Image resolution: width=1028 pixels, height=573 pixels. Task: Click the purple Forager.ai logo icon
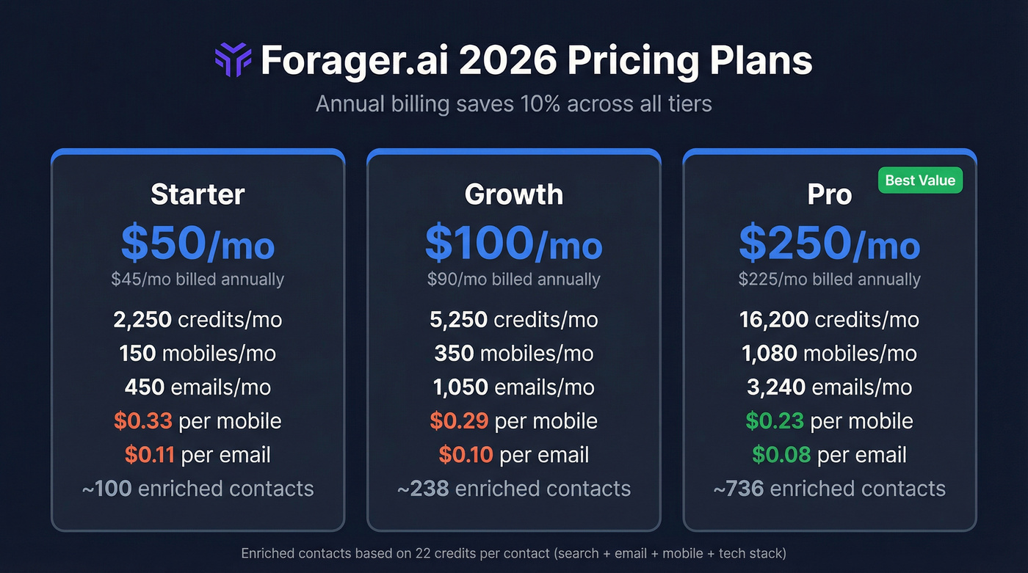click(x=233, y=60)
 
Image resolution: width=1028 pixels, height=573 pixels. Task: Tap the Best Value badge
click(x=920, y=180)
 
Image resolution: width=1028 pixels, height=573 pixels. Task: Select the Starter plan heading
click(x=198, y=194)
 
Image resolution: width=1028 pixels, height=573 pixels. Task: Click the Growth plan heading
click(x=514, y=194)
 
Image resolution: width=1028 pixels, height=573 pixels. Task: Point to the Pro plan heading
click(x=829, y=194)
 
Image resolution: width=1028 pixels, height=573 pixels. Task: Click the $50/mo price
click(x=198, y=244)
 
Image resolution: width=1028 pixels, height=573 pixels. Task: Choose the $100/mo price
click(x=514, y=244)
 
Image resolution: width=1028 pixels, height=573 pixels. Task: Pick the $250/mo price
click(x=829, y=244)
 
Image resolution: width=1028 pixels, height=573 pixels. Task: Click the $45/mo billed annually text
click(x=198, y=280)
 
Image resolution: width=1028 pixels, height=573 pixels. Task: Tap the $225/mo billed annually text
click(x=829, y=280)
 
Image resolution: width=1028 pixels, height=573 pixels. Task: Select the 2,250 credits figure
click(x=143, y=320)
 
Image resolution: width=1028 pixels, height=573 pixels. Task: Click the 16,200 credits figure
click(x=774, y=320)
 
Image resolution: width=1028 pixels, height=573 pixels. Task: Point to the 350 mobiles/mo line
click(x=514, y=354)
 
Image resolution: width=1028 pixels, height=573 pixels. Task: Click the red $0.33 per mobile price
click(x=143, y=421)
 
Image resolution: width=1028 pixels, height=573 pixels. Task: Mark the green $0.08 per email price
click(x=781, y=455)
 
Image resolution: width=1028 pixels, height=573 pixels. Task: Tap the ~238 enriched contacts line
click(x=514, y=489)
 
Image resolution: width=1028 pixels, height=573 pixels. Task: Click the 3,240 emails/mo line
click(x=829, y=387)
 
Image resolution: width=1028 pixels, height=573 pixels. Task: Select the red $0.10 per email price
click(x=466, y=455)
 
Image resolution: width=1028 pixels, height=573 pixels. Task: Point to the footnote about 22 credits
click(x=514, y=552)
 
